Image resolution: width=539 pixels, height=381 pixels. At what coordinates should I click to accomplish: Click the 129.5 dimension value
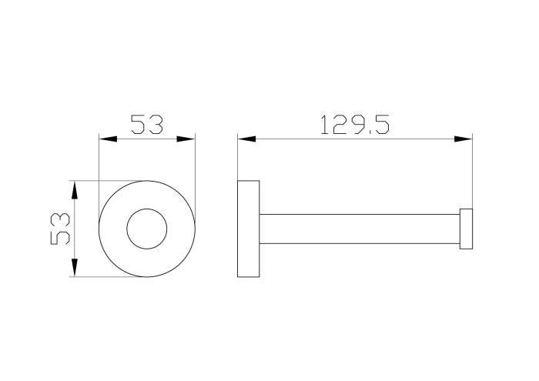pyautogui.click(x=354, y=125)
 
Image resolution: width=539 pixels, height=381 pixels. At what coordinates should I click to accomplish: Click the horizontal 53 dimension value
pyautogui.click(x=147, y=125)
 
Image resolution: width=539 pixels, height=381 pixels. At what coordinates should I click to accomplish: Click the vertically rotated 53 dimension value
pyautogui.click(x=60, y=229)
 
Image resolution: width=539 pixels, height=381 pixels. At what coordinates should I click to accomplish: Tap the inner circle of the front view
pyautogui.click(x=147, y=209)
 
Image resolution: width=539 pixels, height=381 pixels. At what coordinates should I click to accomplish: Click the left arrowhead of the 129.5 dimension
pyautogui.click(x=246, y=139)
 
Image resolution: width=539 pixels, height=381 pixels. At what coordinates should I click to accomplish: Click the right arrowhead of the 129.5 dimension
pyautogui.click(x=464, y=139)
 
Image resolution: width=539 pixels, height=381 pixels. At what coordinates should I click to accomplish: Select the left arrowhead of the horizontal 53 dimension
pyautogui.click(x=108, y=139)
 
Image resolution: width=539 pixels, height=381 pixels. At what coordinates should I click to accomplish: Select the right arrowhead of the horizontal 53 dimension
pyautogui.click(x=186, y=139)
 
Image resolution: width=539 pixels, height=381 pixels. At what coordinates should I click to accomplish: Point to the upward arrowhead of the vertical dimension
pyautogui.click(x=74, y=189)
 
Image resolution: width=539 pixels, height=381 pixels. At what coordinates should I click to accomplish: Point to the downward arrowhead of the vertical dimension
pyautogui.click(x=74, y=268)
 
